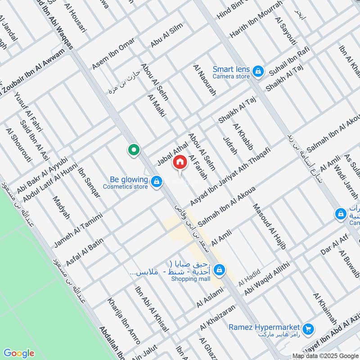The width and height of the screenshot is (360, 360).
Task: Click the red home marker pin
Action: tap(180, 162)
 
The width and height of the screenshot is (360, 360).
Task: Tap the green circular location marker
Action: tap(133, 150)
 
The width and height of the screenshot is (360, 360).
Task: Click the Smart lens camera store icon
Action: tap(257, 70)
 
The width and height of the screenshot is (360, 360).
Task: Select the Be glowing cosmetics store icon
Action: tap(156, 182)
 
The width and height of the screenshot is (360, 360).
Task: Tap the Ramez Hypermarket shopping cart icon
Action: tap(308, 329)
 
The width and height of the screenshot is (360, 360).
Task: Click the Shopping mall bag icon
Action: tap(219, 270)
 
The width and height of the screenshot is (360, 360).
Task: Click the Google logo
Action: tap(18, 353)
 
